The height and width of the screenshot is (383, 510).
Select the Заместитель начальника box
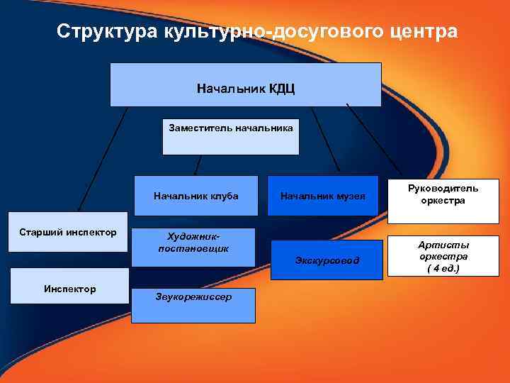coord(231,135)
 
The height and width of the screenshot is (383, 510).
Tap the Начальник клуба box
coord(195,195)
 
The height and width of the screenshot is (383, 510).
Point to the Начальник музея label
coord(322,196)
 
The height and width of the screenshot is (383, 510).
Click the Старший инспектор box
coord(68,233)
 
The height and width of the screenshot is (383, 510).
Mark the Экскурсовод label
coord(327,261)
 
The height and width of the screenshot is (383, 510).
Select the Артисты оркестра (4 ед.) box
coord(443,257)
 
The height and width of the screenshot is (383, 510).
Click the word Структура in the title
coord(107,32)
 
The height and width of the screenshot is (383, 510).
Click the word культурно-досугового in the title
coord(271,32)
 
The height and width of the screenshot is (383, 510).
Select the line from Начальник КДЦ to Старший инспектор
coord(103,160)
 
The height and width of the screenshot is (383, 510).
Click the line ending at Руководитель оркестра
coord(374,142)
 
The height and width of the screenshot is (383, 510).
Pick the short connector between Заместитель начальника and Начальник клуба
coord(198,165)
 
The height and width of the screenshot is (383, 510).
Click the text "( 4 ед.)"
coord(443,269)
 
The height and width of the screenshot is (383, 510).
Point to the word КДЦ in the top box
coord(281,89)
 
